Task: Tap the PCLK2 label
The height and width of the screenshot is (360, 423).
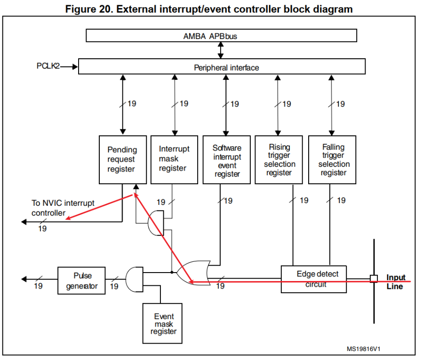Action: click(48, 66)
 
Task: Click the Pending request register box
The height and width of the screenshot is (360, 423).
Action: click(122, 159)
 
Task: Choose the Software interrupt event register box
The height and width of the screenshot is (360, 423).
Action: click(227, 160)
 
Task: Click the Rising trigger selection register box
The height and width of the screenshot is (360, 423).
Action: click(279, 160)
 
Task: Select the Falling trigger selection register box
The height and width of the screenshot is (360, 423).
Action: click(332, 160)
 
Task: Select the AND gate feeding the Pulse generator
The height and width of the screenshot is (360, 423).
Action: click(135, 279)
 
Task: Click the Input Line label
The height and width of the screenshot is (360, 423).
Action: click(395, 282)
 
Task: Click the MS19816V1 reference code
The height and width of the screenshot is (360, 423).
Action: click(363, 349)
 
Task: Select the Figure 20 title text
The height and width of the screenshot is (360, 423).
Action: click(208, 9)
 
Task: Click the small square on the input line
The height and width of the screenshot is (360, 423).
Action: click(374, 279)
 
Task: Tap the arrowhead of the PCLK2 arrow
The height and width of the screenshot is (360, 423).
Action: click(75, 67)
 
